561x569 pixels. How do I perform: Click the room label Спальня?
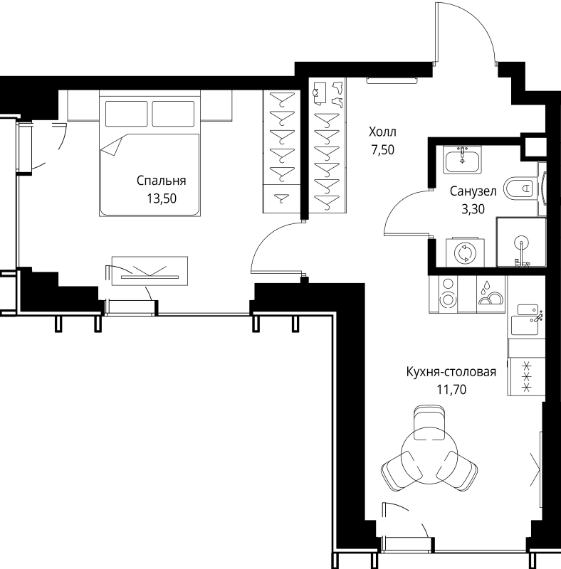pos(162,181)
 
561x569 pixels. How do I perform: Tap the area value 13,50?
pos(162,198)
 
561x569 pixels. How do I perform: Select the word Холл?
pos(382,132)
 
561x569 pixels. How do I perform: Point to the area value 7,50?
pos(382,149)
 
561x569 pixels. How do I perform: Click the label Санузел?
pos(473,191)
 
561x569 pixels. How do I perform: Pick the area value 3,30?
pos(473,209)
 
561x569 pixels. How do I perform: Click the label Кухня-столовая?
pos(451,372)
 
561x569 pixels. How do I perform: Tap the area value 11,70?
pos(451,389)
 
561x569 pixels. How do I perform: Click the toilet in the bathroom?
pos(520,188)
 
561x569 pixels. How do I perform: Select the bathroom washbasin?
pos(462,159)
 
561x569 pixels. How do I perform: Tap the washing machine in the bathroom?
pos(465,252)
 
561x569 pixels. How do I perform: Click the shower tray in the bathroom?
pos(521,242)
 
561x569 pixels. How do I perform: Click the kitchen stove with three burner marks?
pos(526,376)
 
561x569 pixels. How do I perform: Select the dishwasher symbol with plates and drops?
pos(491,294)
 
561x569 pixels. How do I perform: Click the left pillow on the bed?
pos(126,114)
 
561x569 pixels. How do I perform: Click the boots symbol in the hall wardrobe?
pos(337,95)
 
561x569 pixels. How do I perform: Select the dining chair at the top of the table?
pos(429,422)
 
